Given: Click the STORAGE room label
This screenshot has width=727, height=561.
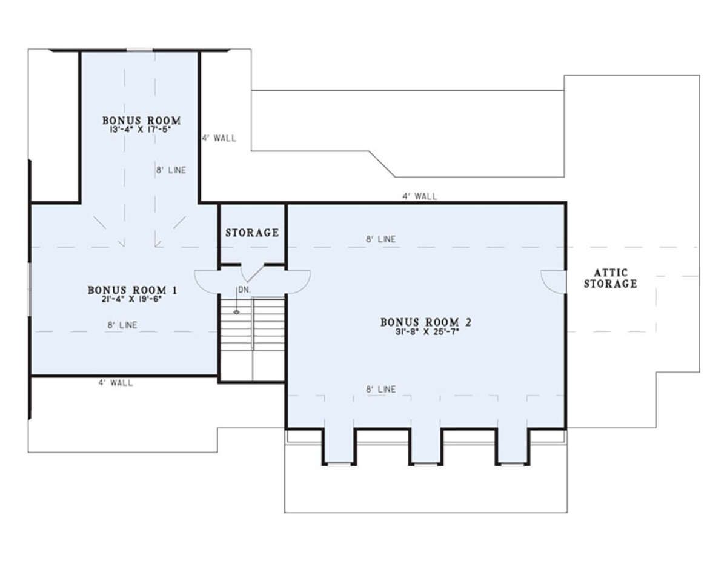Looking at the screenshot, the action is pyautogui.click(x=252, y=233).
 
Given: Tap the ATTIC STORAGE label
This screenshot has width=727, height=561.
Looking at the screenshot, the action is pyautogui.click(x=611, y=278).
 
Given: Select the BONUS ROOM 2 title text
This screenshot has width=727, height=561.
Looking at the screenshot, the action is pyautogui.click(x=426, y=322).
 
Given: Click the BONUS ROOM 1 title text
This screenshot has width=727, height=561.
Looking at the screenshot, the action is pyautogui.click(x=133, y=290).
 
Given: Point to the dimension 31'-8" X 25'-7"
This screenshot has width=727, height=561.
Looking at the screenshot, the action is pyautogui.click(x=427, y=331).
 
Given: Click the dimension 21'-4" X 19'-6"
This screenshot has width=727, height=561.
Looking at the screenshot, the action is pyautogui.click(x=131, y=299).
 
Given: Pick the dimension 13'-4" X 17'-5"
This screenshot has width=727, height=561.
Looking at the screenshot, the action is pyautogui.click(x=141, y=130).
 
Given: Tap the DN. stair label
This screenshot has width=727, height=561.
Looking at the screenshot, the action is pyautogui.click(x=244, y=290).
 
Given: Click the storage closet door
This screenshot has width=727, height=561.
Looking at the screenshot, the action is pyautogui.click(x=253, y=273).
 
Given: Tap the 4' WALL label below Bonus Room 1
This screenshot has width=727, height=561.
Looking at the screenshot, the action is pyautogui.click(x=116, y=382).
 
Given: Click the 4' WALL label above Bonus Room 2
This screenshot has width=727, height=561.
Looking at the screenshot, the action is pyautogui.click(x=419, y=196).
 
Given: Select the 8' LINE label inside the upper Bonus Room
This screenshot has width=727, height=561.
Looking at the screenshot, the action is pyautogui.click(x=171, y=170).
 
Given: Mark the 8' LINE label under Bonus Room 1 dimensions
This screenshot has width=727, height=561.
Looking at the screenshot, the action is pyautogui.click(x=122, y=325).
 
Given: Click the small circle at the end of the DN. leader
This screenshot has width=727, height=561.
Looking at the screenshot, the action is pyautogui.click(x=237, y=312).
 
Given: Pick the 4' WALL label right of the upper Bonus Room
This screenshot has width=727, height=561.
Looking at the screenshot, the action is pyautogui.click(x=219, y=138).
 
